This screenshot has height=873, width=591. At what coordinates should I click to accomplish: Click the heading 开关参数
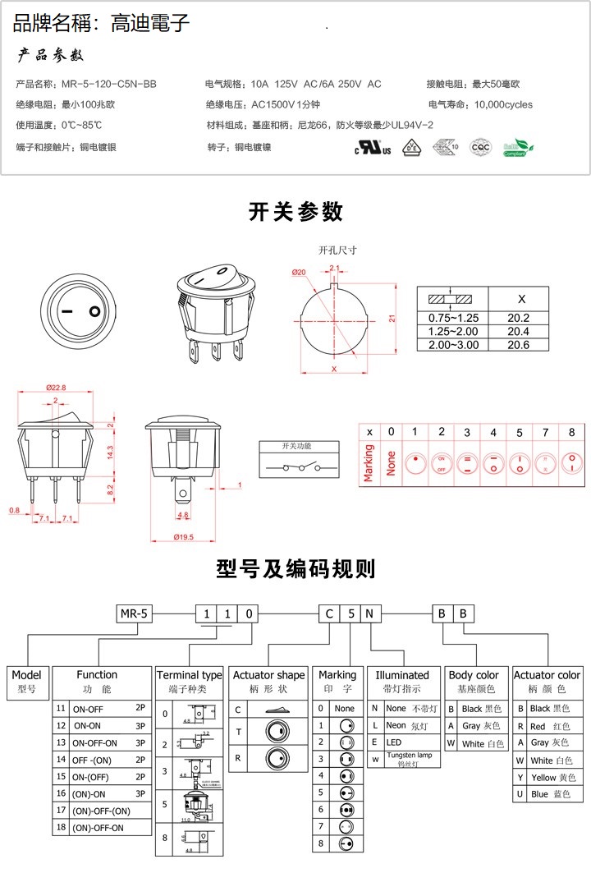point(295,212)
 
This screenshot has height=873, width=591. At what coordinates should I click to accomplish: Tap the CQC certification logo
point(479,148)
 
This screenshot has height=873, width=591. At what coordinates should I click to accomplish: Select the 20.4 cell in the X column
point(518,332)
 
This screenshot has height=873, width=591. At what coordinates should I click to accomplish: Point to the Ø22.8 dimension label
point(56,387)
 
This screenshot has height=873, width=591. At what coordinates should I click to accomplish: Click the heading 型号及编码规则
point(295,568)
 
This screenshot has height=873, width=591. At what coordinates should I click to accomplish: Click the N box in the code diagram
point(370,613)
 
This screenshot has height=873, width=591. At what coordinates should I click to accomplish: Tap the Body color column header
point(474,675)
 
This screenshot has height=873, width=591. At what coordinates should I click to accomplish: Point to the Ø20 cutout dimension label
point(298,272)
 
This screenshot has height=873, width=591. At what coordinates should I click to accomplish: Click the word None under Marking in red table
point(391,462)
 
